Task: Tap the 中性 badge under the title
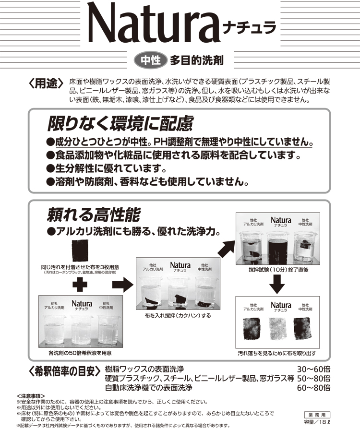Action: point(150,61)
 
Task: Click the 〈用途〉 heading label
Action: point(47,84)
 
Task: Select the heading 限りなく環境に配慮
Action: point(120,124)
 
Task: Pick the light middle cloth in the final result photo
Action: point(281,330)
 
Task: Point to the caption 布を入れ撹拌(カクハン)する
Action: point(179,316)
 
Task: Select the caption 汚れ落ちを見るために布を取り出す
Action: point(277,354)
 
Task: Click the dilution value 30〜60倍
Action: point(314,369)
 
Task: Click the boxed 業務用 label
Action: point(317,414)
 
